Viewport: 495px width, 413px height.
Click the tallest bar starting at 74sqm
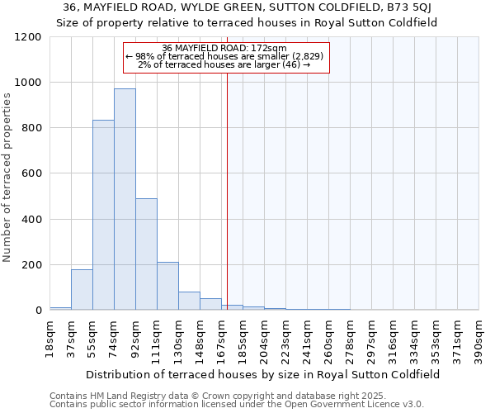pos(125,199)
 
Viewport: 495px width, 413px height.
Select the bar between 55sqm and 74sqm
pos(103,215)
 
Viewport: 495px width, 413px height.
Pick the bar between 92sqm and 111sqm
pos(146,254)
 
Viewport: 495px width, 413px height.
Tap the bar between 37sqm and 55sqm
pos(82,290)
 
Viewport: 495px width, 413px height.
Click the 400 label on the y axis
pos(33,220)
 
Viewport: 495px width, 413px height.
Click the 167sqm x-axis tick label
pos(221,336)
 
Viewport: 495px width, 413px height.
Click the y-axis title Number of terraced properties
pos(7,177)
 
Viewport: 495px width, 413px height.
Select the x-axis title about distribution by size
pos(263,374)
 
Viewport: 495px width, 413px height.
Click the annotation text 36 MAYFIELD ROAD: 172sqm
pos(225,48)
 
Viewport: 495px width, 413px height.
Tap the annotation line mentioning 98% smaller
pos(225,56)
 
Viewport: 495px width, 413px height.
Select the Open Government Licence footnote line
pos(237,404)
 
